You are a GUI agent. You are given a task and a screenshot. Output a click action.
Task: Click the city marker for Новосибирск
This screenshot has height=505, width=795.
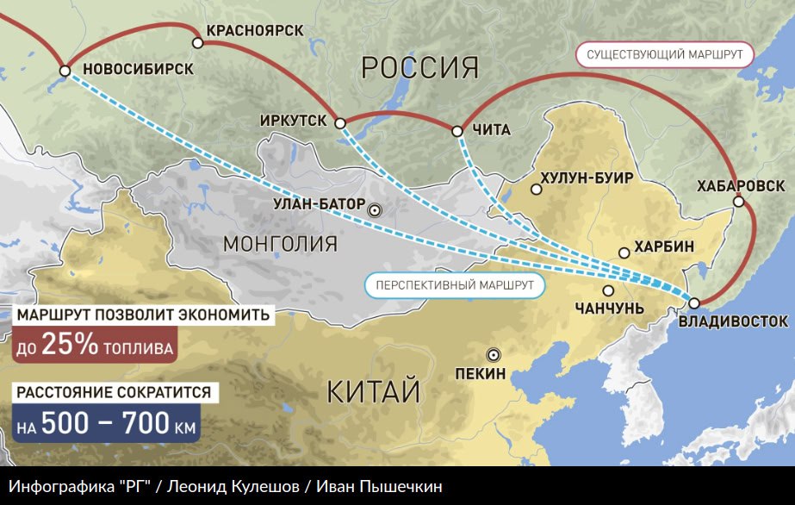(x=65, y=71)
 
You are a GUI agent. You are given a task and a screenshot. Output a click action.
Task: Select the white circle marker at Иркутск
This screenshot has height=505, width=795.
(x=340, y=123)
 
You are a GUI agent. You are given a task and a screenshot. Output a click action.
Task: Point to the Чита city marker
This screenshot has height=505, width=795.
(x=457, y=131)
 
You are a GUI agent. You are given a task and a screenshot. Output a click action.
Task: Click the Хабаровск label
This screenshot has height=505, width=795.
(x=742, y=186)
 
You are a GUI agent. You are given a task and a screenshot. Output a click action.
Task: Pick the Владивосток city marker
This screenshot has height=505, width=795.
(x=694, y=302)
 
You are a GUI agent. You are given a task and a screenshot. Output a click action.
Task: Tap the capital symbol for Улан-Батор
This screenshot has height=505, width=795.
(x=374, y=209)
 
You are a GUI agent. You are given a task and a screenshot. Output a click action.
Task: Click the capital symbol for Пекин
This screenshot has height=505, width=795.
(x=493, y=354)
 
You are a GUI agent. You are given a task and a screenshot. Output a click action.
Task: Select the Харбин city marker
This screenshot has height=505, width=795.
(x=624, y=253)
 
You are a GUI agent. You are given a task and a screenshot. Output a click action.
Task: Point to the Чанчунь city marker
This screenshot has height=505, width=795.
(x=609, y=290)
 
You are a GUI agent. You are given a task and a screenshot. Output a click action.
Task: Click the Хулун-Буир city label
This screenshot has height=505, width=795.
(x=587, y=178)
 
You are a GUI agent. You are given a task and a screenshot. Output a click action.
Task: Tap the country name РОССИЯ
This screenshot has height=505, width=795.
(x=419, y=66)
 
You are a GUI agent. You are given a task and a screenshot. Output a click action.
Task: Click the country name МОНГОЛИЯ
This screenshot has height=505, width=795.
(x=280, y=243)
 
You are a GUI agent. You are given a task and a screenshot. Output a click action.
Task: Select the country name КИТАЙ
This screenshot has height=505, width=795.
(x=373, y=392)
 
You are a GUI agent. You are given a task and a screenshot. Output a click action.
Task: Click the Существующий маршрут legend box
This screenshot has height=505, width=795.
(x=664, y=54)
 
